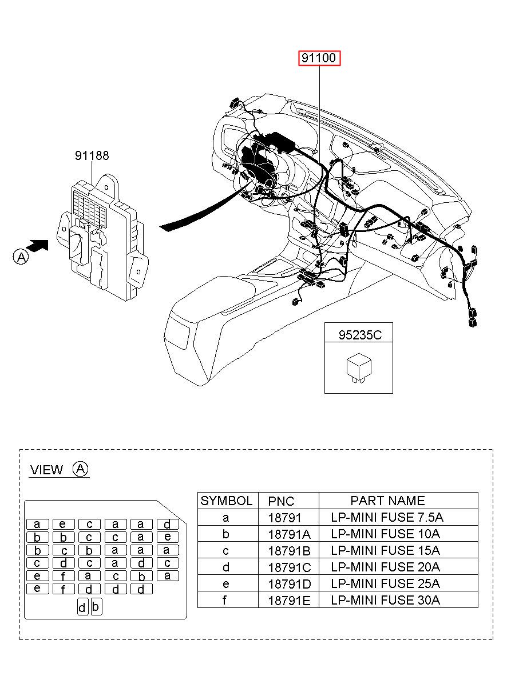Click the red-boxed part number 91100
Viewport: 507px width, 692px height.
pyautogui.click(x=319, y=58)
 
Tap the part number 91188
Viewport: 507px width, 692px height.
pyautogui.click(x=92, y=155)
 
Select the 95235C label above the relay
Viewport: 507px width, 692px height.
pyautogui.click(x=360, y=335)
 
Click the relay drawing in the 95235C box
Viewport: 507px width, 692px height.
pyautogui.click(x=359, y=369)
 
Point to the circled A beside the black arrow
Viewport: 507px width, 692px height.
pyautogui.click(x=21, y=257)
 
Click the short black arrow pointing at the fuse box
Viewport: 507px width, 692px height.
pyautogui.click(x=37, y=245)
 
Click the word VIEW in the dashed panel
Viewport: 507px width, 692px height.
pyautogui.click(x=46, y=470)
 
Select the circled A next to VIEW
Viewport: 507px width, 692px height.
pyautogui.click(x=81, y=469)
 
